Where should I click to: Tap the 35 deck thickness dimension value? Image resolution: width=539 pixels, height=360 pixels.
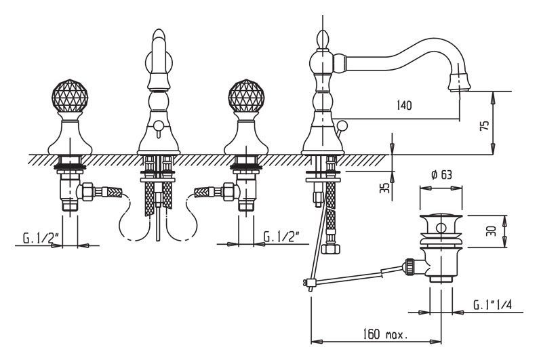click(384, 187)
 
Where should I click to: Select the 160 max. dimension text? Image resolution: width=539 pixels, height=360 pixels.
click(385, 334)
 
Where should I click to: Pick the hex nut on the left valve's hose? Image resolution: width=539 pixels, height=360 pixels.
click(88, 193)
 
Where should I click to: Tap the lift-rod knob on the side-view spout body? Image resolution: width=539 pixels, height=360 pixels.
click(344, 125)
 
